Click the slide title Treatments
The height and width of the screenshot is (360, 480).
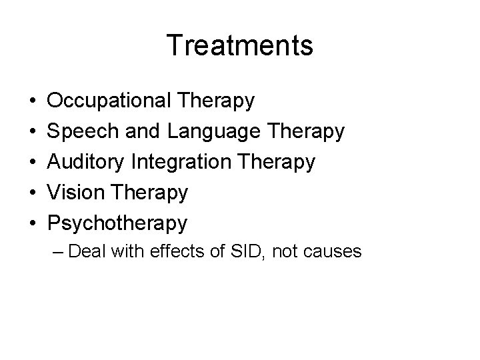[240, 45]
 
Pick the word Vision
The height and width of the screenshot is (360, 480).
[72, 193]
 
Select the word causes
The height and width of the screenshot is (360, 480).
[335, 253]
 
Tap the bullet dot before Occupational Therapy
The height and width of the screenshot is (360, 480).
[33, 102]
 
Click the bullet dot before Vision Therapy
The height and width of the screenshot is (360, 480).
[33, 194]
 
